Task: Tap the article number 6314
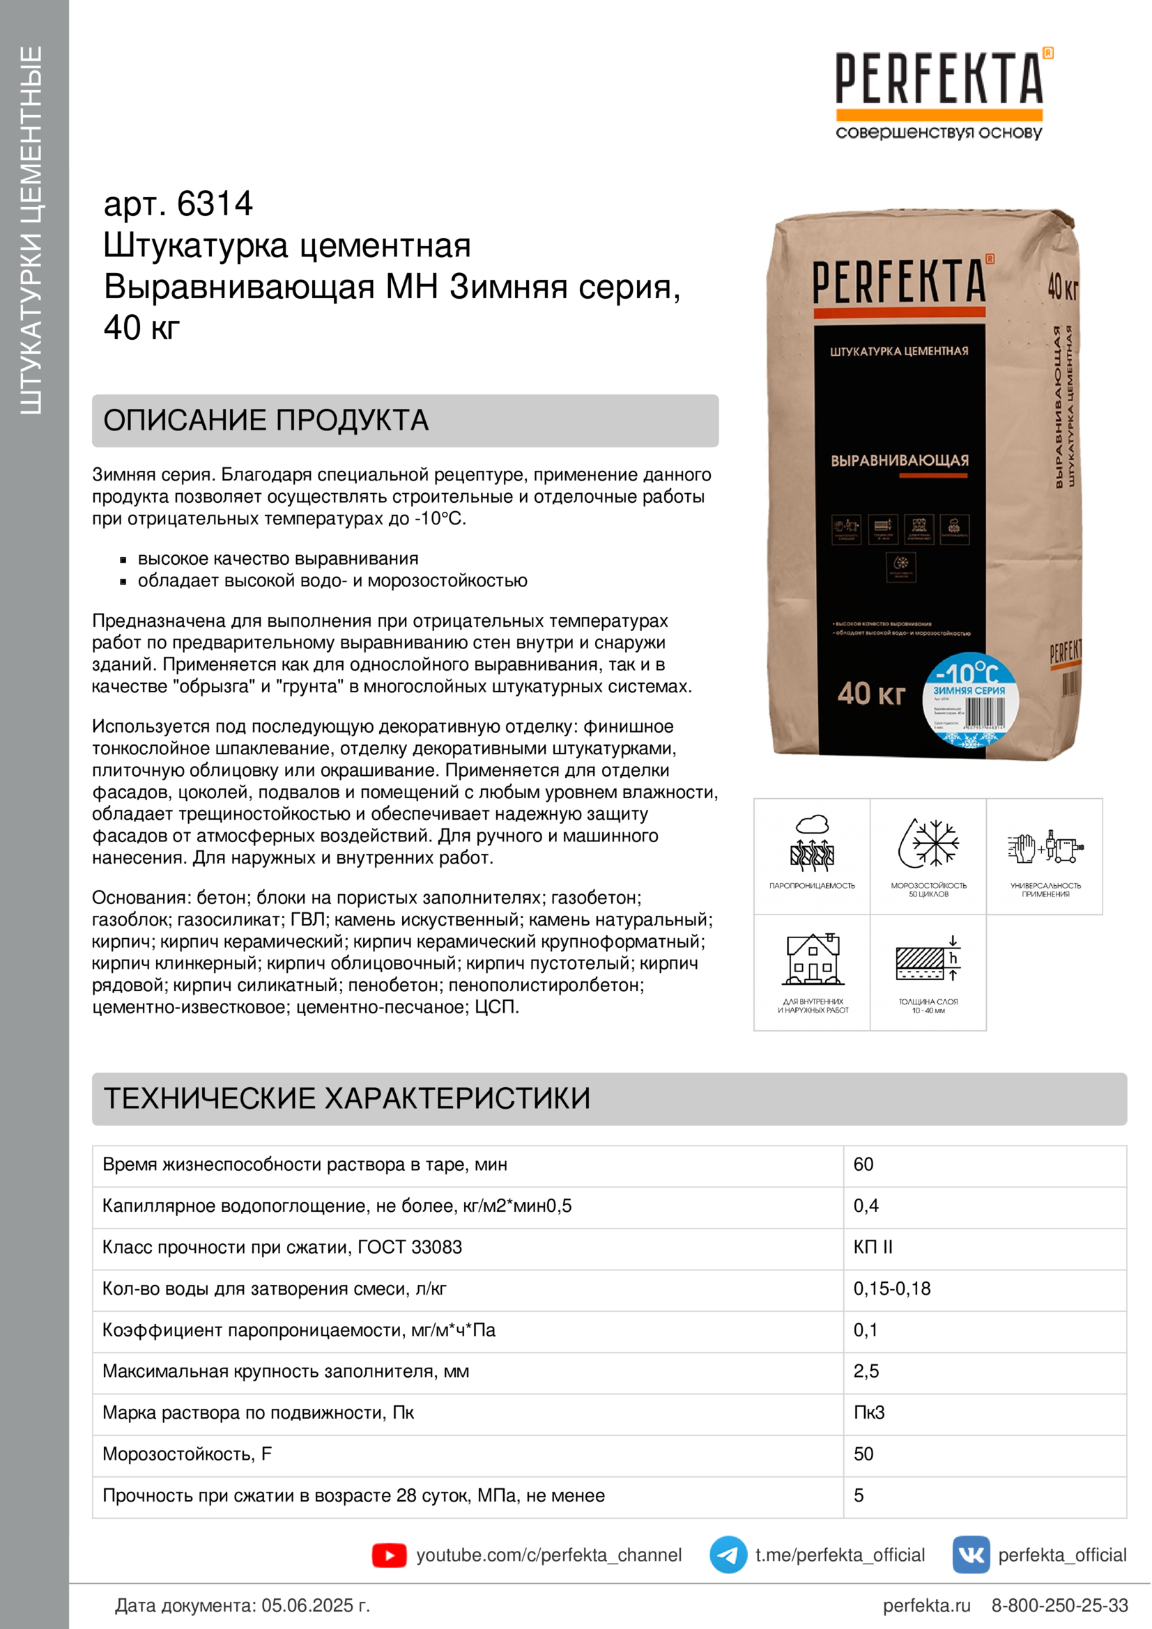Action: point(215,204)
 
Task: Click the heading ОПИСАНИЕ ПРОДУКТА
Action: point(266,421)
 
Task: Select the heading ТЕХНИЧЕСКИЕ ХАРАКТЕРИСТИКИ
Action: point(347,1098)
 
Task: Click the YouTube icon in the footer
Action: point(389,1555)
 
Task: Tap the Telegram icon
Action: point(728,1554)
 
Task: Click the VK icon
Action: point(971,1554)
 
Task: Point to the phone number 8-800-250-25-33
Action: point(1059,1605)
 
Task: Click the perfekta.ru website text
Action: point(926,1605)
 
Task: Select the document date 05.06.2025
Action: point(315,1605)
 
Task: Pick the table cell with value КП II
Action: point(873,1247)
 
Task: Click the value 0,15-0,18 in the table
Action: point(891,1288)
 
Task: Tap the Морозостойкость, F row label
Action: point(187,1453)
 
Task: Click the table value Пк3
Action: point(869,1412)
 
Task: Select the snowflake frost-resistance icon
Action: point(928,843)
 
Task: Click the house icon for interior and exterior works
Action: point(813,959)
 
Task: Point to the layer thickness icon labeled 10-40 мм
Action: point(928,959)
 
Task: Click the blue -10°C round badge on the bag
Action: point(969,699)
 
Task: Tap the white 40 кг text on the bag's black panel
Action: point(871,693)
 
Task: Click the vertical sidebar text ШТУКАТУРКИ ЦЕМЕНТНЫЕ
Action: point(32,231)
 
